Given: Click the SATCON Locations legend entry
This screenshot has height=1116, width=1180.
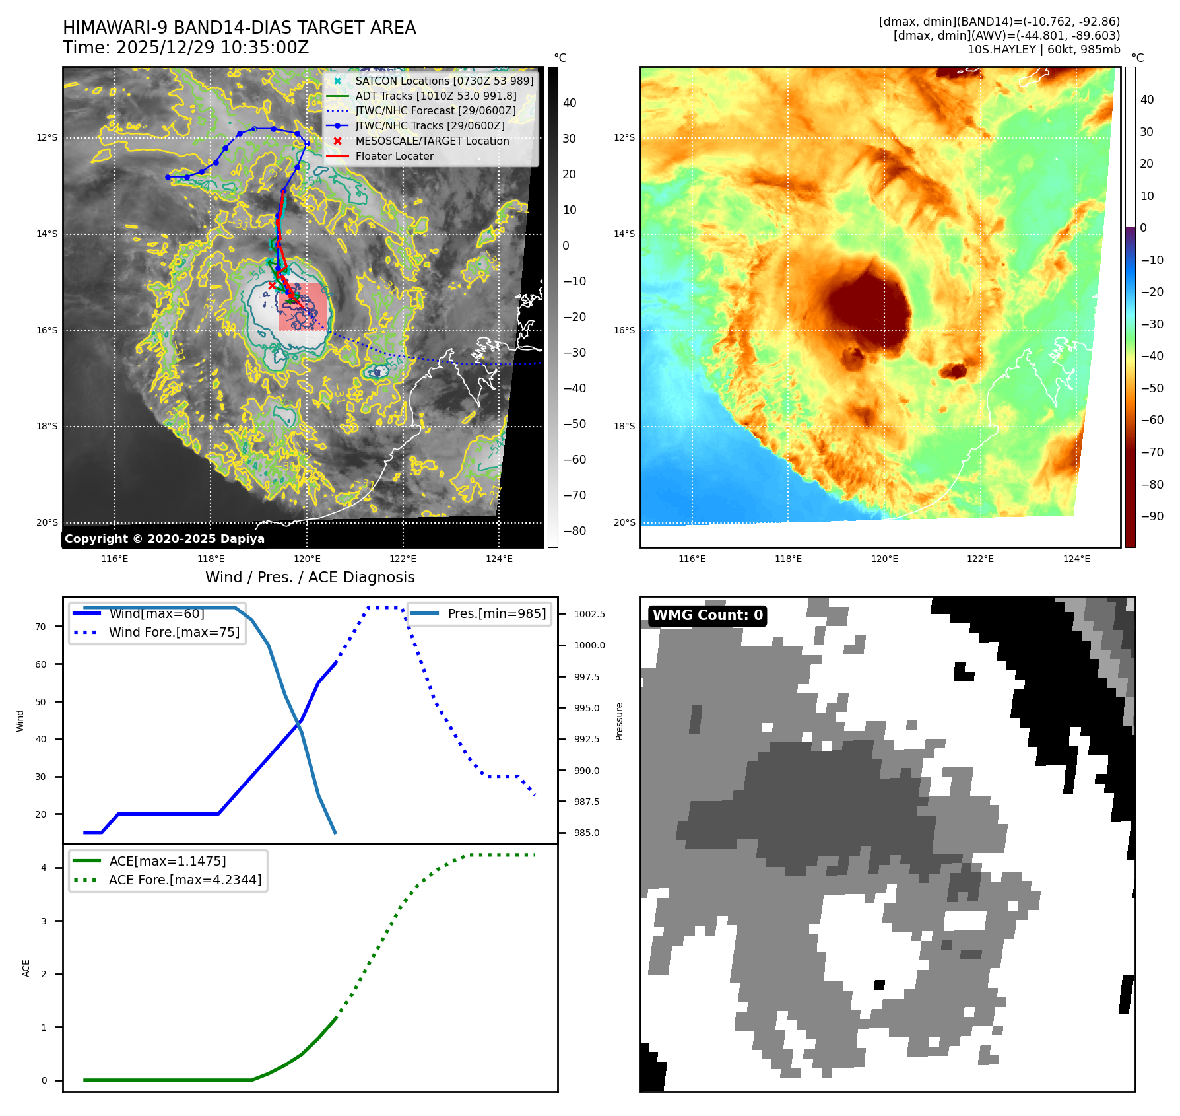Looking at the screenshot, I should tap(443, 81).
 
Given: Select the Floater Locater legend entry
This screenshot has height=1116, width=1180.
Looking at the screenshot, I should tap(394, 157).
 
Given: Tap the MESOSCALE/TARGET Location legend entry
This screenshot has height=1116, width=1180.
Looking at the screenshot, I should tap(432, 141).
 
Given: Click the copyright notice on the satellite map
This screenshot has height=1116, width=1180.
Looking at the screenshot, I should tap(164, 539).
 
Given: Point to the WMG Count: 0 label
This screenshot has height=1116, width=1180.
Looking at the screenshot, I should tap(707, 615).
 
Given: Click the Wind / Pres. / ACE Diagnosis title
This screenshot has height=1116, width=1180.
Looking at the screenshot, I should tap(310, 578).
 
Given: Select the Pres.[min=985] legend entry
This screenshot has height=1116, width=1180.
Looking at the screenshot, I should tap(496, 613).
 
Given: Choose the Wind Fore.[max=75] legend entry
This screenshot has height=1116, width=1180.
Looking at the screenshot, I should tap(174, 632).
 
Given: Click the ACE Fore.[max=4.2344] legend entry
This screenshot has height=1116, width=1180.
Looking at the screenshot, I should tap(185, 880).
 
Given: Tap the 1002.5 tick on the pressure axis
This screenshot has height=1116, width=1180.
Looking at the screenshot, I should tap(589, 614).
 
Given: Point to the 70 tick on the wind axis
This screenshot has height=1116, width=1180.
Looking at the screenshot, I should tap(41, 627).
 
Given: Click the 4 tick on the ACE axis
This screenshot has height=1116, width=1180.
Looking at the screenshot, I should tap(44, 868).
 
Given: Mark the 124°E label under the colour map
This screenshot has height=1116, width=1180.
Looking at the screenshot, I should tap(1076, 559).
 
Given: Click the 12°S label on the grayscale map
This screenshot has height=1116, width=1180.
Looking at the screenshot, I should tap(47, 137).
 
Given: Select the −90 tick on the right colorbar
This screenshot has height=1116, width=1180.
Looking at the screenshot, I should tap(1152, 516).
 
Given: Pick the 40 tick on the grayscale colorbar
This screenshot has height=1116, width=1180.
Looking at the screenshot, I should tap(570, 103).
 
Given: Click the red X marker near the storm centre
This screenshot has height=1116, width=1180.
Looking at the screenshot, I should tap(272, 285).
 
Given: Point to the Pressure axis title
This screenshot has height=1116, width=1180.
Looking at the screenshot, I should tap(619, 721).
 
